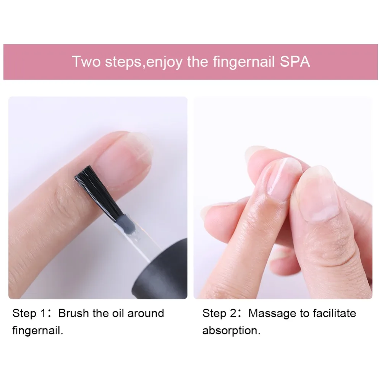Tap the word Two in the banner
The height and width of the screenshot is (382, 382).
[86, 62]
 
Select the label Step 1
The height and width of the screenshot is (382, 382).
[30, 314]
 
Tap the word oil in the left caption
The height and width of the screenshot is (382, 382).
[117, 314]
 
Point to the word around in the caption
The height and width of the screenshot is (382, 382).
[146, 314]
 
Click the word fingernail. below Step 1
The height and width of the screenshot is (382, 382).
[38, 330]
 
